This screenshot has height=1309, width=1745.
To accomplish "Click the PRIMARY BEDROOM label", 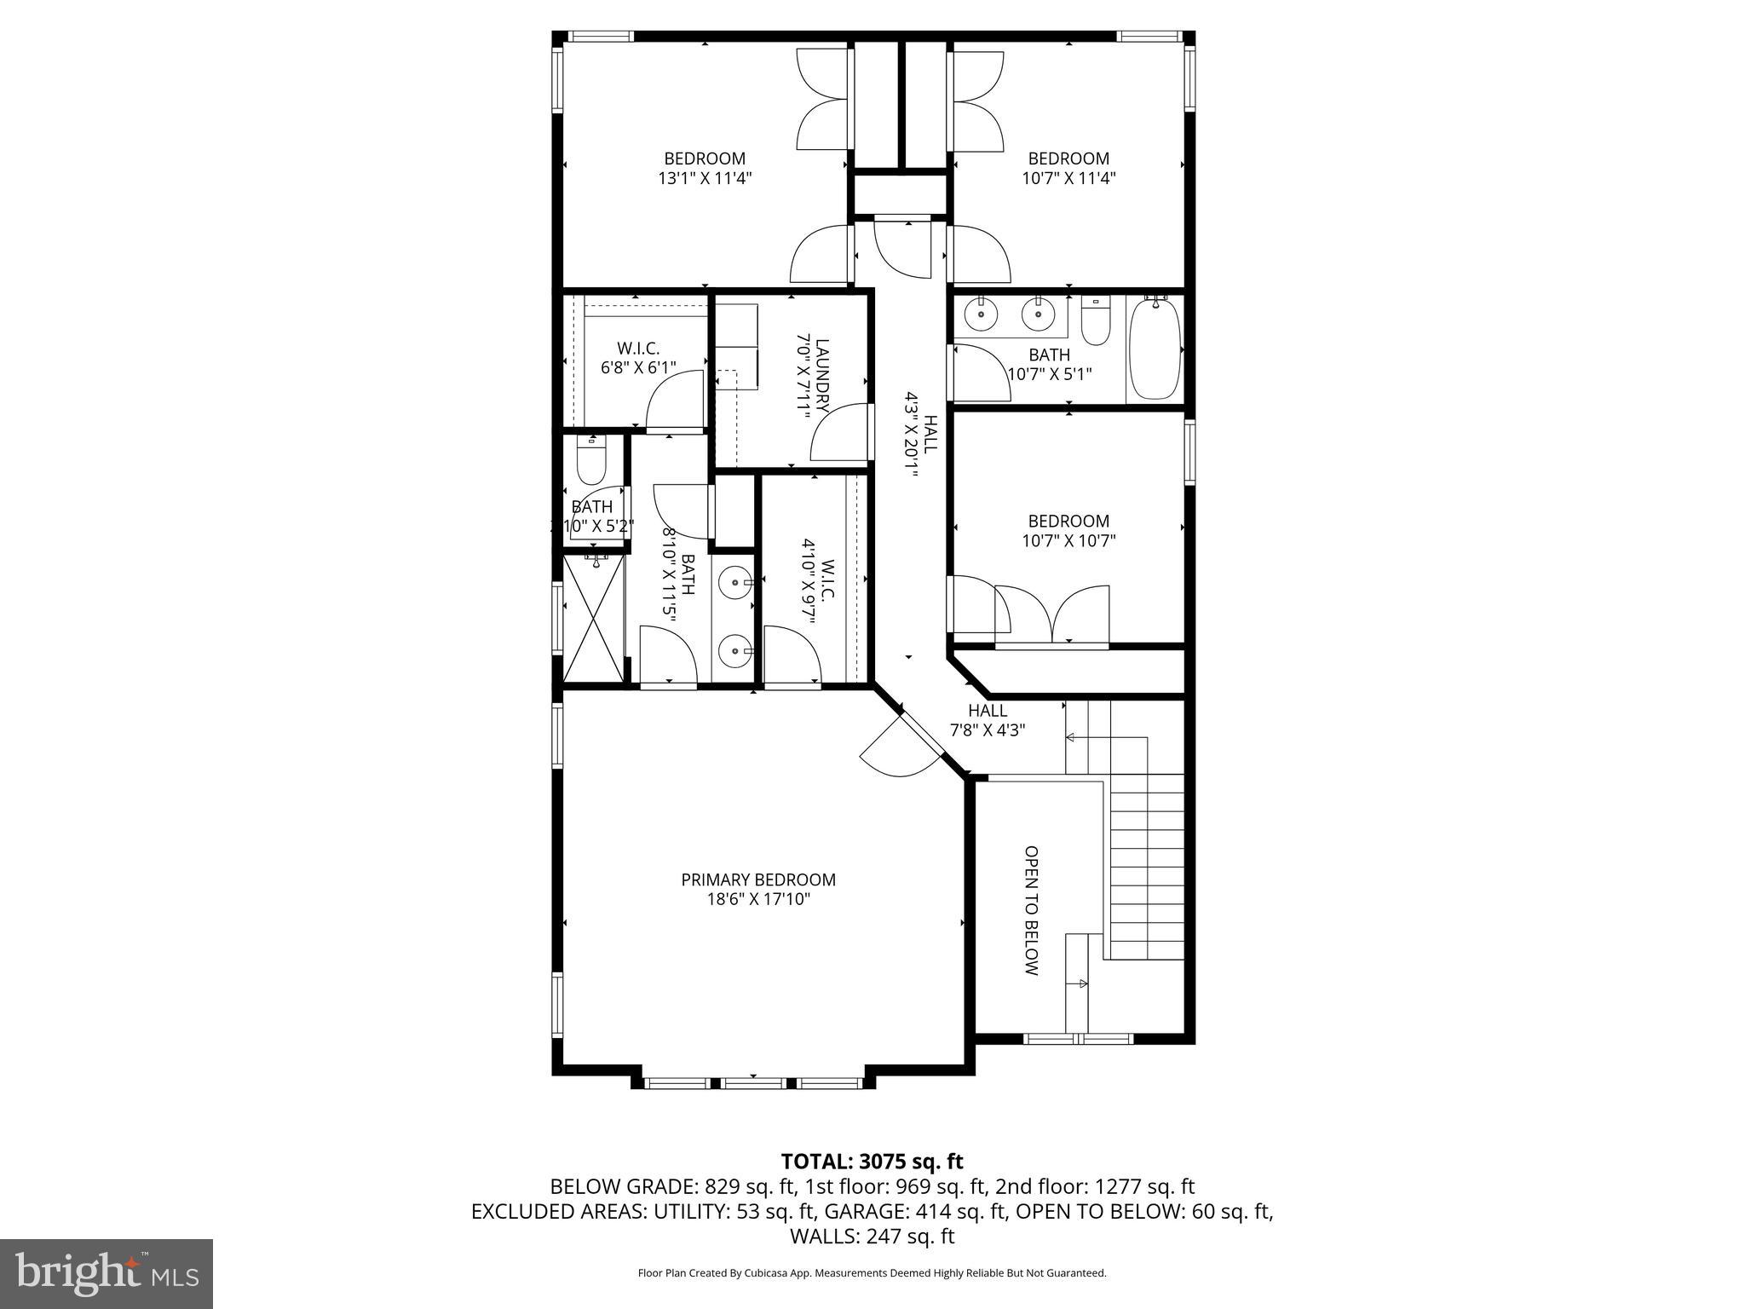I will (758, 879).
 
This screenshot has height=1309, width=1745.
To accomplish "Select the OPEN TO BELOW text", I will (1031, 910).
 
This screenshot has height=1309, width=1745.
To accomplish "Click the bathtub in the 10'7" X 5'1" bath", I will (1155, 350).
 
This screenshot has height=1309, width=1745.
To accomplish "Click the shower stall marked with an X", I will (594, 617).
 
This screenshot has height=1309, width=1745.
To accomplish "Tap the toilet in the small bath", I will (590, 461).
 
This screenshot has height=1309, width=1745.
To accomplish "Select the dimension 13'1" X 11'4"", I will (705, 179).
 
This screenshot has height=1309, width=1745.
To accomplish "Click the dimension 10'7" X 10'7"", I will (1068, 540).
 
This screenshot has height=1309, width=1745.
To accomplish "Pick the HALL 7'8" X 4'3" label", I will (988, 720).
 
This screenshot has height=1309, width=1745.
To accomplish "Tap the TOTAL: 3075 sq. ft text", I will (872, 1162).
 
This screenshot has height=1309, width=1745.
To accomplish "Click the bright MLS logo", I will (106, 1272).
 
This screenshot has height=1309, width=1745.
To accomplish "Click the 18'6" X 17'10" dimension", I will (758, 900).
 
